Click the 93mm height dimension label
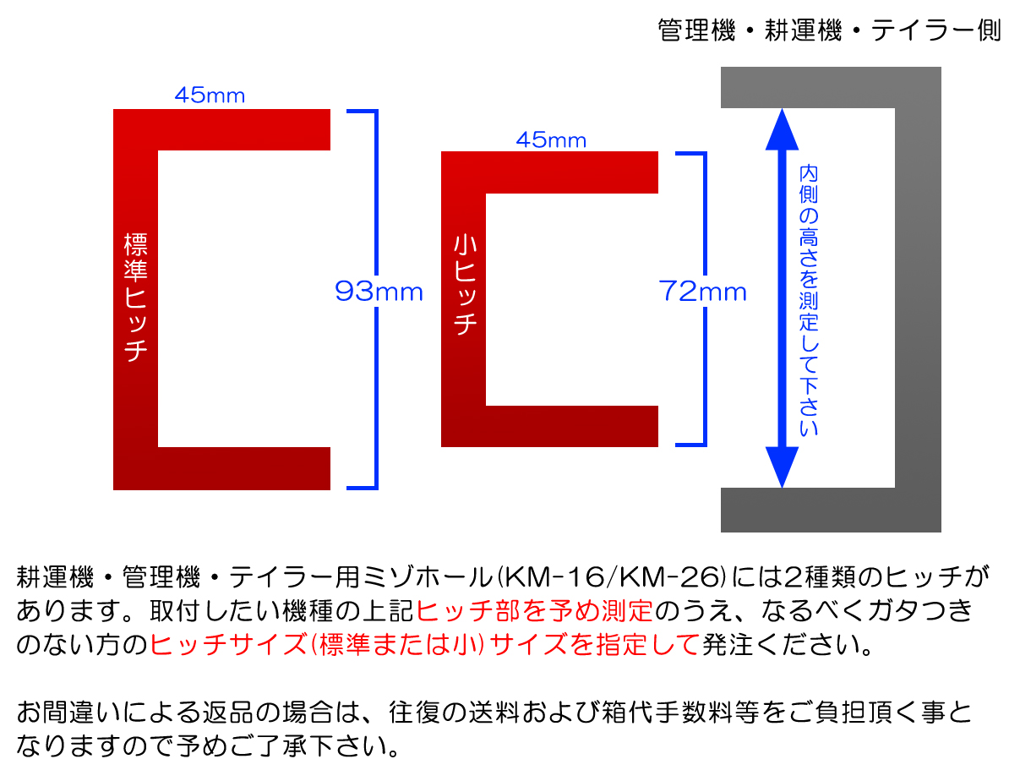pos(379,291)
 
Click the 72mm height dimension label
pos(703,291)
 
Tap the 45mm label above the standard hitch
pos(210,96)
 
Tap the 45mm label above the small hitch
pos(551,139)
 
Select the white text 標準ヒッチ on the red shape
pos(136,297)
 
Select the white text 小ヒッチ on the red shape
pos(465,285)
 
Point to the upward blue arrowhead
pos(782,130)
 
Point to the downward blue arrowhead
pos(782,467)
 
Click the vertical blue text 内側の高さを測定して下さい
pos(809,300)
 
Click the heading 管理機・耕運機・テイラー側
pos(829,30)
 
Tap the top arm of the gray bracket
pos(807,87)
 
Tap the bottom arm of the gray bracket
pos(807,510)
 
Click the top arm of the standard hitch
pos(244,130)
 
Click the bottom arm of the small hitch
pos(572,426)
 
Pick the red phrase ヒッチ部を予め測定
pos(535,611)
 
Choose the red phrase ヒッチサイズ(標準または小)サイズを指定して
pos(425,644)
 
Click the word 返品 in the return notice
pos(228,712)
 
